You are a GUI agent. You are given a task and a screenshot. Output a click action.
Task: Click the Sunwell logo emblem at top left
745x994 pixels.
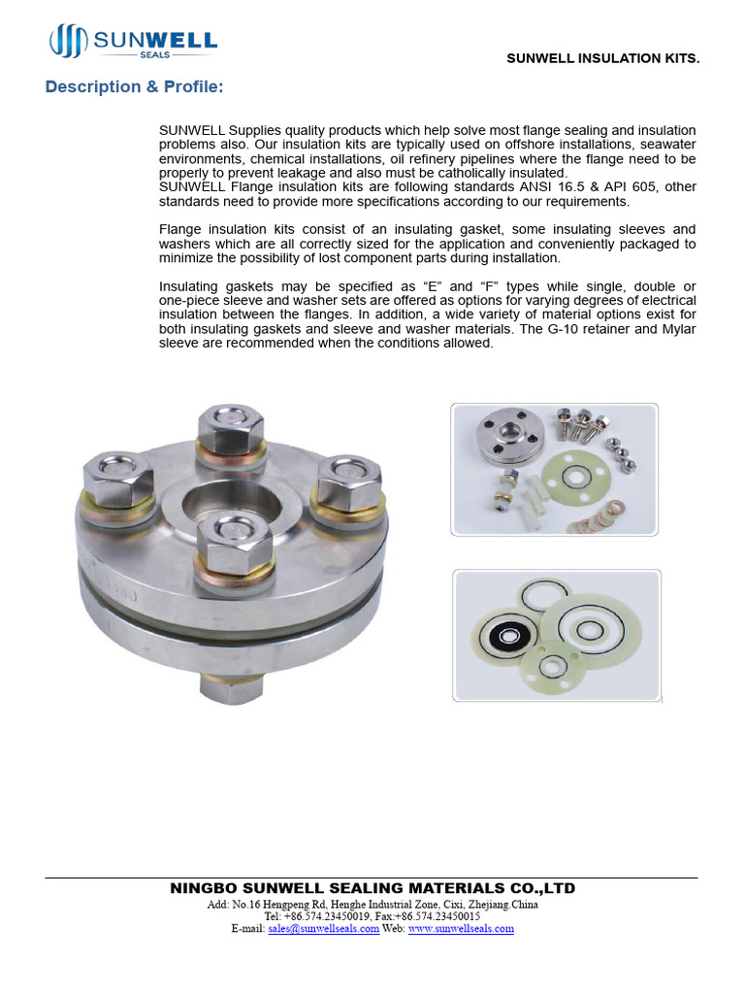(x=69, y=42)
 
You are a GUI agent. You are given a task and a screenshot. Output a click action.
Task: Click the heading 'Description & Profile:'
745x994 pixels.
(x=135, y=87)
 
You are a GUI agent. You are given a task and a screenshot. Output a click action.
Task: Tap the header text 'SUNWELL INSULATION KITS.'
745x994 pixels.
(x=602, y=59)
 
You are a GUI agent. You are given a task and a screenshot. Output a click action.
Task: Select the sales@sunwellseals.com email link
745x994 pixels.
(x=323, y=929)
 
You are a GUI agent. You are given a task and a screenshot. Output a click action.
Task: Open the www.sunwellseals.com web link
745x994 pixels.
(x=461, y=929)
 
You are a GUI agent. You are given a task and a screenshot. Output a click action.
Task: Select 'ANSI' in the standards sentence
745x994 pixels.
(x=513, y=186)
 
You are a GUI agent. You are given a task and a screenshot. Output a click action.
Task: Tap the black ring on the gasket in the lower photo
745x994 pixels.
(x=504, y=639)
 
